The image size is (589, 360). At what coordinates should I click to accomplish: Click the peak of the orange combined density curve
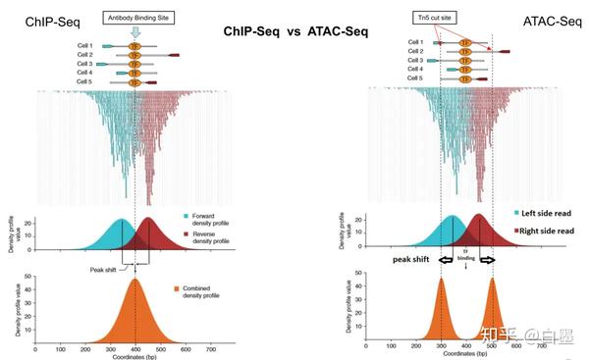coord(135,280)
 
